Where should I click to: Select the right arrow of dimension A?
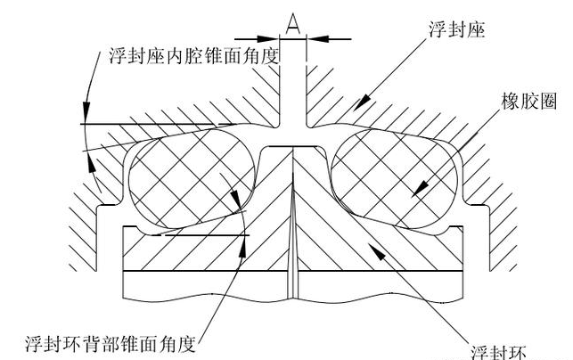pos(311,37)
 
